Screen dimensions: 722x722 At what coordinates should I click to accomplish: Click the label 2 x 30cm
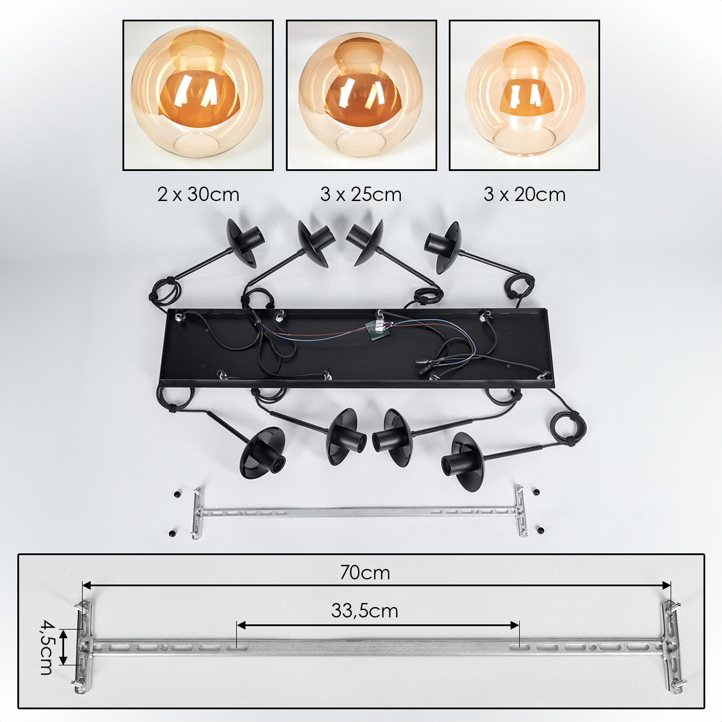(x=198, y=195)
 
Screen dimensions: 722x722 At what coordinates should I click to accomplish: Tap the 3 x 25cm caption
(x=361, y=195)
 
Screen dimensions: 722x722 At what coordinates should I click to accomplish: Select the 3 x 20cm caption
(x=524, y=195)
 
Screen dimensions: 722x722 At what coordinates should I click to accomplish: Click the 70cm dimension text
(x=365, y=572)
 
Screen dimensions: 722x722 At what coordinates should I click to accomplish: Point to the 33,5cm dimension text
(x=364, y=611)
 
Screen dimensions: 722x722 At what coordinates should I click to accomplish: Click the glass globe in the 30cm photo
(x=198, y=95)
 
